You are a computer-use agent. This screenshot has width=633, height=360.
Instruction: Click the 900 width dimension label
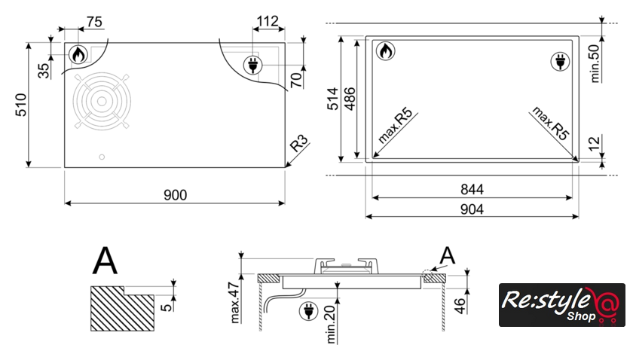(175, 195)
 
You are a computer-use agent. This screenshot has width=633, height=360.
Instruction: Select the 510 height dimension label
(21, 105)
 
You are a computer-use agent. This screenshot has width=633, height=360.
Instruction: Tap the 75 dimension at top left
(94, 22)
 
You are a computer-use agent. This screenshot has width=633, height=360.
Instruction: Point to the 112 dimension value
(268, 21)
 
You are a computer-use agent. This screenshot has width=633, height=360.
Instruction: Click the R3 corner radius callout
(299, 143)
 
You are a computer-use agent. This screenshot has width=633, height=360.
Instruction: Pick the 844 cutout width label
(472, 189)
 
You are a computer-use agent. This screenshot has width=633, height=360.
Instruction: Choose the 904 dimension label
(472, 209)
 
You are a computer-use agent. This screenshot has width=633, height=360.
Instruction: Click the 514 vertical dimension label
(332, 99)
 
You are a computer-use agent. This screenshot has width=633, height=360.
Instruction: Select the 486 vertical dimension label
(350, 99)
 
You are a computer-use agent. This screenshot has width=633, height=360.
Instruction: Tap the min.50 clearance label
(595, 63)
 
